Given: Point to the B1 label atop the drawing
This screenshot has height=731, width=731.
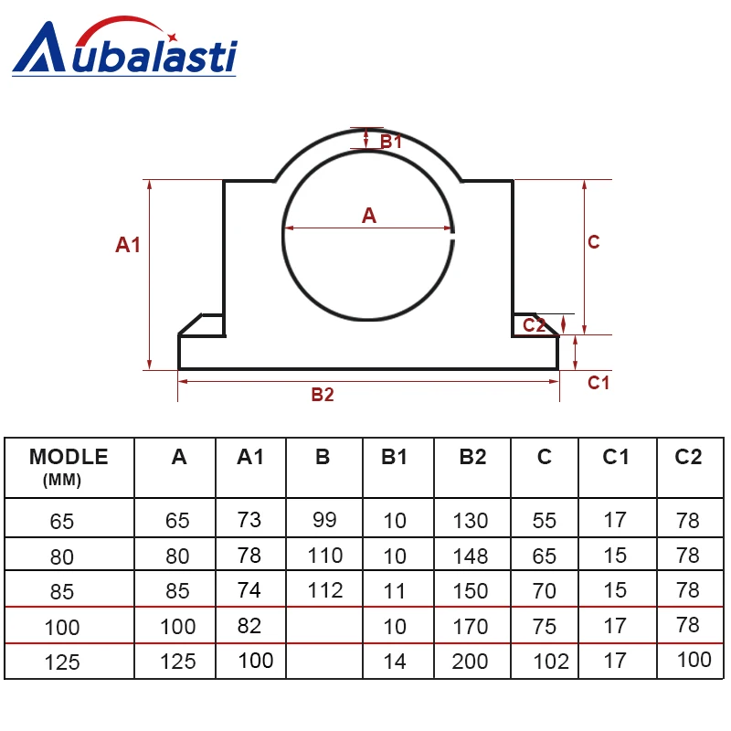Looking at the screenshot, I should (x=391, y=142).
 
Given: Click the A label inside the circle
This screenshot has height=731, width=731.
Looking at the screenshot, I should (x=368, y=216).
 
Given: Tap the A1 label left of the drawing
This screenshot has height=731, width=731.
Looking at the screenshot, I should (x=128, y=245).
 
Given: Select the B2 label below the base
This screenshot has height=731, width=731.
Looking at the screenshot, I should (x=323, y=395).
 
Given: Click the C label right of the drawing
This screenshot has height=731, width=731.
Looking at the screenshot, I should (x=593, y=242).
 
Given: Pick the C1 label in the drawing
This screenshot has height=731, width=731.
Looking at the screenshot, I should (x=598, y=383).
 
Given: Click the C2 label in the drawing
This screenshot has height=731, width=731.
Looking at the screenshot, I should (x=535, y=324).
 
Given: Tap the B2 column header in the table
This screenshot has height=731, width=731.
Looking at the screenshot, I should (x=471, y=458).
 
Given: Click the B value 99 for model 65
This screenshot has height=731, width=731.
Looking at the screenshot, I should (x=323, y=520).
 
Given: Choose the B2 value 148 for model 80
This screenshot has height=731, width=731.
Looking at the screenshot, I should (x=471, y=556).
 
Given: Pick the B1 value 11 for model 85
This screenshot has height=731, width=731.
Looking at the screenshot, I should (x=394, y=591).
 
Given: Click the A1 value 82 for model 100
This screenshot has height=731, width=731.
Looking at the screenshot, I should (x=249, y=626).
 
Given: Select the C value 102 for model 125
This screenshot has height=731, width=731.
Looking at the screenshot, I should (x=550, y=662).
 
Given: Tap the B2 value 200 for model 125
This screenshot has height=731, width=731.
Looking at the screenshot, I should (x=471, y=662).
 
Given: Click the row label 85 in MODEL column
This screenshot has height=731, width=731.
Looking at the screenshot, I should (x=62, y=592).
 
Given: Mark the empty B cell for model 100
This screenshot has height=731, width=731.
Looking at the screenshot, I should (x=323, y=626).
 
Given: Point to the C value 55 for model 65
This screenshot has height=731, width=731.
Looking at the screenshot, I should (x=545, y=520).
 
